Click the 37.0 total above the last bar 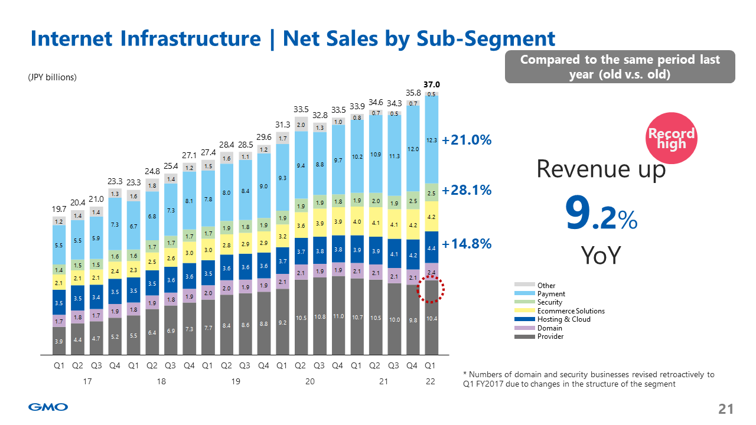432,85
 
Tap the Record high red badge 672,139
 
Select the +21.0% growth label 467,141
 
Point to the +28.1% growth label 467,191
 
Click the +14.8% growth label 467,244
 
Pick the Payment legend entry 551,294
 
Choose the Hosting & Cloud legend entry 563,319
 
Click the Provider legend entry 550,336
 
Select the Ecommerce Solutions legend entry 571,311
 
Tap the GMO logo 48,407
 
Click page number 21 725,409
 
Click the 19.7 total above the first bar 58,210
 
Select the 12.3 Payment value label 432,140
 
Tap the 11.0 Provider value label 338,317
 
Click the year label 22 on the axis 431,382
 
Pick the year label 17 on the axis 87,382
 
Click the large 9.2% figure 601,214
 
